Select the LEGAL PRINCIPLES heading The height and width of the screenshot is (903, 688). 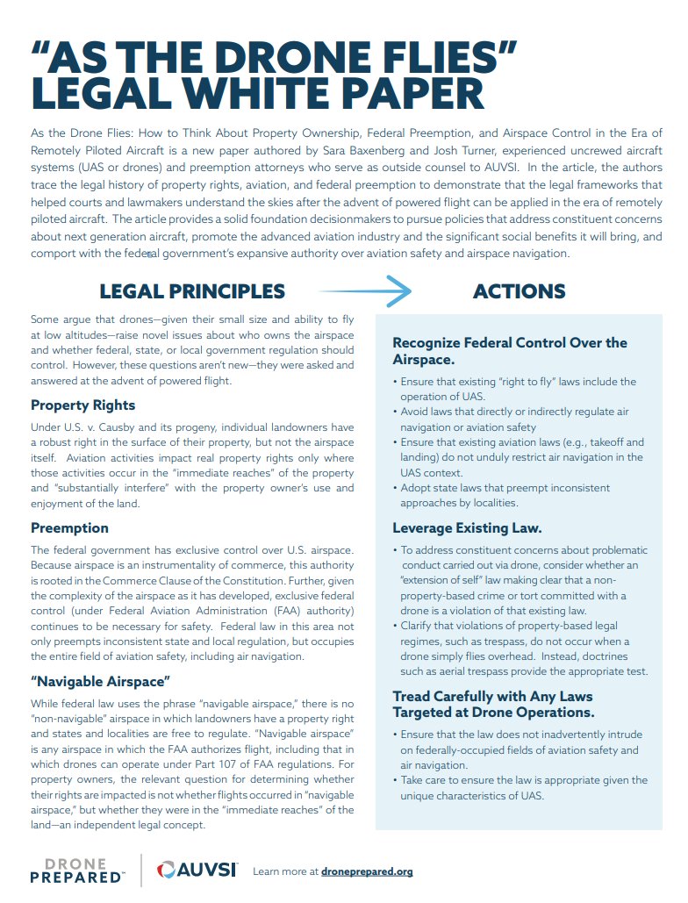192,291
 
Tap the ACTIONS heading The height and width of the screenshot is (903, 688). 519,291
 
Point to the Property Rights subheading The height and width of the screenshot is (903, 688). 83,405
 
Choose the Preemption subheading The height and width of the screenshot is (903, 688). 69,527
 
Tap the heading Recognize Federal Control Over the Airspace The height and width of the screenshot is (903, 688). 510,351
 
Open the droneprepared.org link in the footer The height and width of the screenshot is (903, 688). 367,871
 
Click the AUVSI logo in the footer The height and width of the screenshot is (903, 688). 197,870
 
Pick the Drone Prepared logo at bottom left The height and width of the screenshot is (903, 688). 78,870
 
